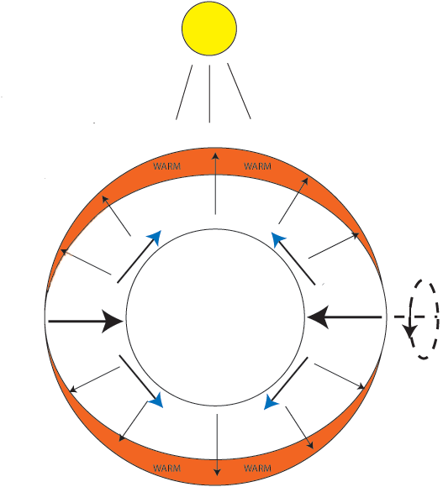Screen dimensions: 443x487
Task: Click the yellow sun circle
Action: point(209,29)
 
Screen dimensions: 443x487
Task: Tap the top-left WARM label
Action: point(167,166)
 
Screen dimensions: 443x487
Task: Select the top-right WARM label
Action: point(257,166)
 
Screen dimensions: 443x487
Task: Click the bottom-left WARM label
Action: point(167,468)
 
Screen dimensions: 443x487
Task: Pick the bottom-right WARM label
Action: point(257,468)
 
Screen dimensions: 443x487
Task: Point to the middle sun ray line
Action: point(209,94)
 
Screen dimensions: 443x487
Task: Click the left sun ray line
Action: point(184,92)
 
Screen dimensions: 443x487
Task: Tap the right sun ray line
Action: point(239,91)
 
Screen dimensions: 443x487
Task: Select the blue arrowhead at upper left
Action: point(155,238)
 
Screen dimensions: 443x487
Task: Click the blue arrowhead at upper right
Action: point(277,239)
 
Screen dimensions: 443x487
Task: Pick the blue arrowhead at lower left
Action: point(156,401)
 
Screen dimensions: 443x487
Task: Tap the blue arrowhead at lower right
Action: point(271,402)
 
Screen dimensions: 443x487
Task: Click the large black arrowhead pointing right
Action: point(113,321)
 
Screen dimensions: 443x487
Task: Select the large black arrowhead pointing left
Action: point(318,317)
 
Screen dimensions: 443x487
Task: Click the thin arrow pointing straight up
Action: point(215,184)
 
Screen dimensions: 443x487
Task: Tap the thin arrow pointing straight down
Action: point(218,445)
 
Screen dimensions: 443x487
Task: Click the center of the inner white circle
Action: point(215,317)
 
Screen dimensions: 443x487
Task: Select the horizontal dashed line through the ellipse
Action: point(417,317)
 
